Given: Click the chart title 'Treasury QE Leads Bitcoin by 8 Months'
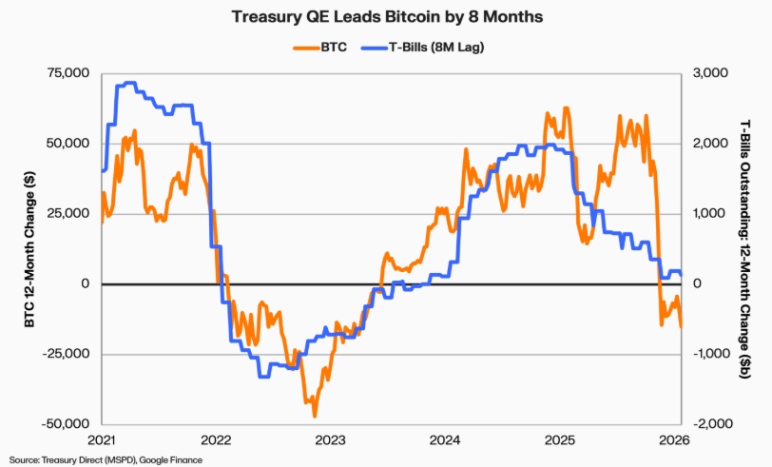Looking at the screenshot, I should coord(385,17).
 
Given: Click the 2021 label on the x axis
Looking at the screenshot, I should coord(102,440).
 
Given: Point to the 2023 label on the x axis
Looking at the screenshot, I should coord(330,440).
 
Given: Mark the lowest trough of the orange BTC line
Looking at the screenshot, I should coord(315,416).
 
